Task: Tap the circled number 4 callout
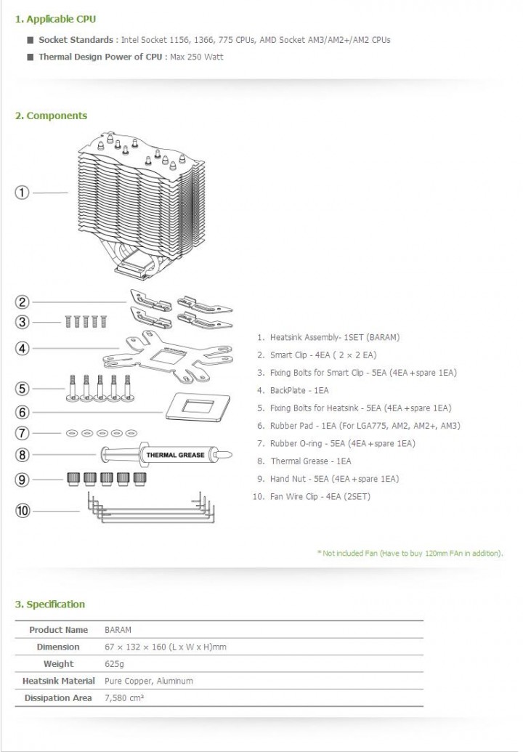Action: coord(23,348)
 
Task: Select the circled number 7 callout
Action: coord(23,433)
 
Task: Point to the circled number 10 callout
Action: coord(23,510)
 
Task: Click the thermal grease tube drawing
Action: coord(166,456)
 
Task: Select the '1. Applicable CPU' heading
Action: coord(55,19)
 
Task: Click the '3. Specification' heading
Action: coord(49,604)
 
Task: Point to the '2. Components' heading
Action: coord(51,116)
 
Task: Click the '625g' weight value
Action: coord(115,663)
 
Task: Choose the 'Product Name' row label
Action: coord(58,630)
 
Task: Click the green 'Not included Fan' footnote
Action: coord(410,554)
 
